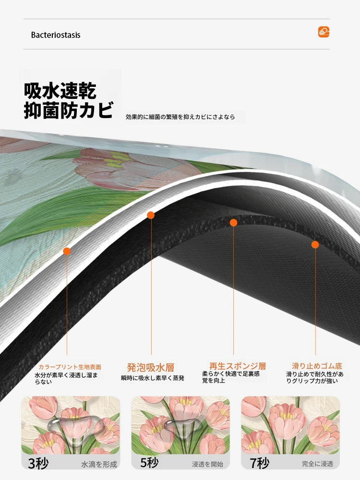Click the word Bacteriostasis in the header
click(x=56, y=35)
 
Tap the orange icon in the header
click(x=324, y=32)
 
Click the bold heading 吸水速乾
click(x=60, y=90)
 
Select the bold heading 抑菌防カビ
click(x=69, y=110)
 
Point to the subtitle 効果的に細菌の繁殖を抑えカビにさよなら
click(x=180, y=117)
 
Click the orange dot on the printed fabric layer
click(x=66, y=252)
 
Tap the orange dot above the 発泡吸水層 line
click(x=151, y=215)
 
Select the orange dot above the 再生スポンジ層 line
click(x=234, y=223)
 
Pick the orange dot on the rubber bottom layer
click(x=315, y=245)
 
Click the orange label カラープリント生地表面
click(x=70, y=367)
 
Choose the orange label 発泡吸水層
click(x=151, y=367)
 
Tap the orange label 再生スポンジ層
click(x=238, y=366)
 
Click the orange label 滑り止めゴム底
click(x=317, y=366)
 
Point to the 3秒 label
click(x=38, y=464)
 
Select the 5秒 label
click(x=149, y=463)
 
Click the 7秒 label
click(x=260, y=463)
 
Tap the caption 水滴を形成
click(x=99, y=464)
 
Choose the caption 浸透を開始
click(x=207, y=464)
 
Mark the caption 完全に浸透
click(x=317, y=464)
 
